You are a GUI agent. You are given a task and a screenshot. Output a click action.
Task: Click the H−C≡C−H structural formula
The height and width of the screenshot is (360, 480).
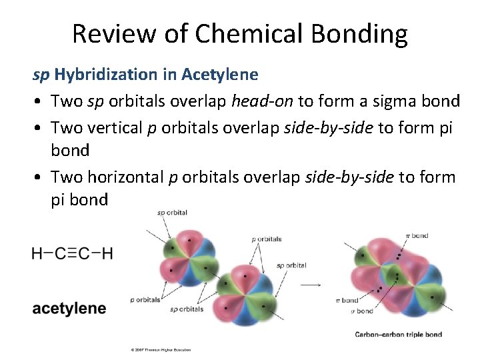pos(72,253)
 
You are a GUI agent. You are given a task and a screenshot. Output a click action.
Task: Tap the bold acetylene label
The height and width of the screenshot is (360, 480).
pos(69,308)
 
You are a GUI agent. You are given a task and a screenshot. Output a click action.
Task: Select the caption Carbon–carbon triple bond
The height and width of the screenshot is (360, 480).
pos(398,334)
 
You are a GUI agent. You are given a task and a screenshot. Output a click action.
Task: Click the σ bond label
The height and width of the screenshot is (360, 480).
pos(362,311)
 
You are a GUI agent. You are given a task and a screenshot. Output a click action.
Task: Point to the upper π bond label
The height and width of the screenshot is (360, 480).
pos(417,235)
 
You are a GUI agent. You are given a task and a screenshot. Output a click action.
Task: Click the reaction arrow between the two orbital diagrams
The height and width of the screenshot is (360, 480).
pos(310,285)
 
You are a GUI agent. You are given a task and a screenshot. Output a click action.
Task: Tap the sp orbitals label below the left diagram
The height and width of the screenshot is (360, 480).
pos(187,309)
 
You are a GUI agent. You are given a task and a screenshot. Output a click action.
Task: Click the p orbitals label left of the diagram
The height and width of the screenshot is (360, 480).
pos(145,299)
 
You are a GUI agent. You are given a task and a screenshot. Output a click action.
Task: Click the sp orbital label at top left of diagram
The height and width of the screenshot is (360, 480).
pos(172,213)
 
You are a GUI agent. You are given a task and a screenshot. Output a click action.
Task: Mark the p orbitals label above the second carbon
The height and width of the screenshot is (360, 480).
pos(267,239)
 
